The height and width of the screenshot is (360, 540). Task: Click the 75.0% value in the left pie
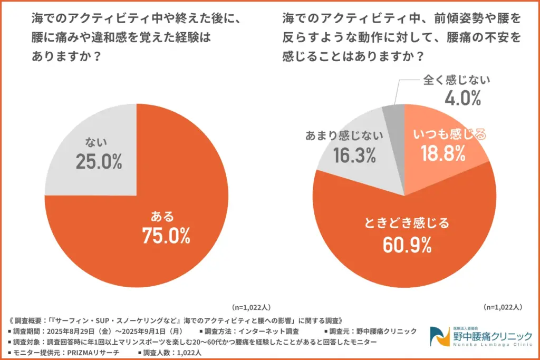pyautogui.click(x=166, y=236)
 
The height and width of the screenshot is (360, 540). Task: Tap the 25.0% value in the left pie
pyautogui.click(x=99, y=161)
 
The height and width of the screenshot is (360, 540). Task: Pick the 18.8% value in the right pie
pyautogui.click(x=443, y=154)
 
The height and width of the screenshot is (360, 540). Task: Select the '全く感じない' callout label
pyautogui.click(x=457, y=80)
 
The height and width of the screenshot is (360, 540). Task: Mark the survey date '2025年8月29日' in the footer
pyautogui.click(x=70, y=331)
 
